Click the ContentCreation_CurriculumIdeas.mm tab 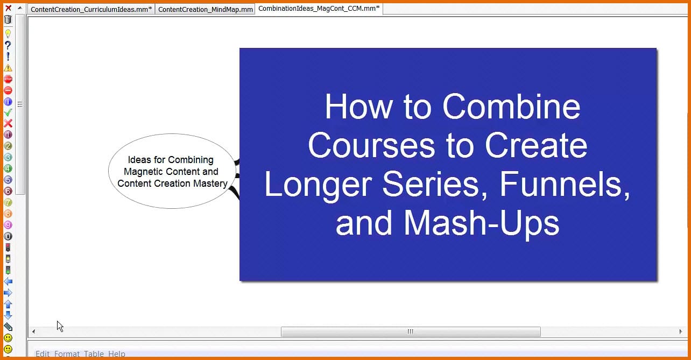pyautogui.click(x=91, y=9)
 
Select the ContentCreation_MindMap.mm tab pyautogui.click(x=206, y=9)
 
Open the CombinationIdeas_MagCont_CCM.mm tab pyautogui.click(x=319, y=8)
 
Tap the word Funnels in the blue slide pyautogui.click(x=565, y=185)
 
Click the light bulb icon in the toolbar pyautogui.click(x=8, y=33)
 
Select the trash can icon pyautogui.click(x=8, y=19)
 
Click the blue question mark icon pyautogui.click(x=8, y=45)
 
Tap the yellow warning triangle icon pyautogui.click(x=8, y=68)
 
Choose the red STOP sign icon pyautogui.click(x=8, y=79)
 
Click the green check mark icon pyautogui.click(x=8, y=112)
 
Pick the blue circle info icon pyautogui.click(x=8, y=102)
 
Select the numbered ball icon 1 pyautogui.click(x=8, y=135)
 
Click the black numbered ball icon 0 pyautogui.click(x=8, y=236)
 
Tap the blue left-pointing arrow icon pyautogui.click(x=8, y=281)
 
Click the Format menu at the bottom pyautogui.click(x=67, y=354)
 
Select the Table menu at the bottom pyautogui.click(x=94, y=354)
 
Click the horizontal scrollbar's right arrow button pyautogui.click(x=681, y=331)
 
